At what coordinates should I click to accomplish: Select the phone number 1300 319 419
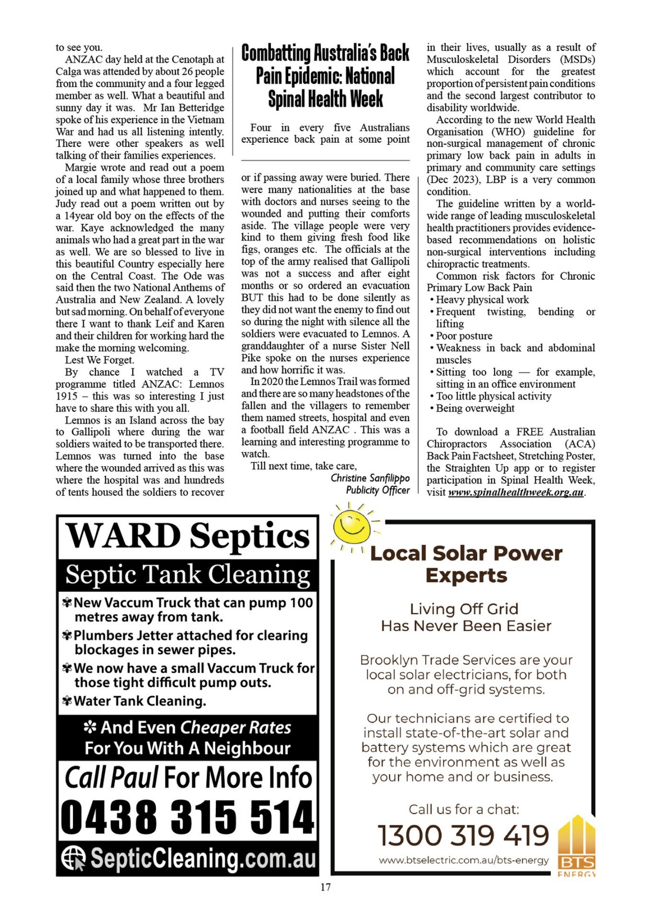coord(463,836)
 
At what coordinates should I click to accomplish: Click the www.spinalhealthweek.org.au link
coord(516,493)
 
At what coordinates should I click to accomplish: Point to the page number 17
coord(325,887)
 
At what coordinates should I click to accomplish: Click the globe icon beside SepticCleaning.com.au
coord(73,858)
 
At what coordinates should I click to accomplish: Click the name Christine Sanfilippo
coord(370,478)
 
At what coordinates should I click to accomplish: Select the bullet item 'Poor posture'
coord(464,336)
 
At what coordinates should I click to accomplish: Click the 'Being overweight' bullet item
coord(475,408)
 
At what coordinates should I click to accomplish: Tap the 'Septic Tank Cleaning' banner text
coord(187,575)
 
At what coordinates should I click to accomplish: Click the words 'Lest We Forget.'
coord(100,360)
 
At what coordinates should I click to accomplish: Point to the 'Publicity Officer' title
coord(378,490)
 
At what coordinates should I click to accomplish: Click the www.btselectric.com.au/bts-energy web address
coord(464,860)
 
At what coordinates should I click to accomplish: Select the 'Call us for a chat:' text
coord(464,809)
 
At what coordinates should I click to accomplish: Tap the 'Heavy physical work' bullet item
coord(482,300)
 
